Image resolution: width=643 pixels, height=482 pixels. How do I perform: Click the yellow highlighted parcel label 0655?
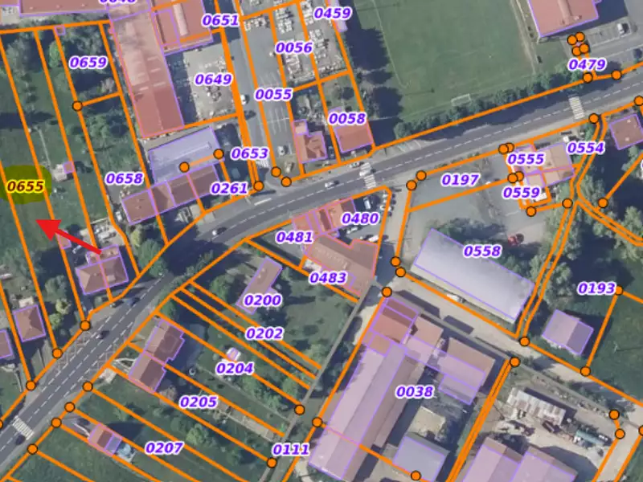click(x=25, y=186)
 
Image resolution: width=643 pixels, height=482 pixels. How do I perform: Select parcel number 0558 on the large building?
click(x=481, y=251)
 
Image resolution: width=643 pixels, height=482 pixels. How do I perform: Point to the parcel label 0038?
click(x=415, y=392)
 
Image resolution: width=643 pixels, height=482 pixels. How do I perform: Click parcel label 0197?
click(x=461, y=180)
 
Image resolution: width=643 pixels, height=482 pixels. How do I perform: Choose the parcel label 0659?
click(x=88, y=63)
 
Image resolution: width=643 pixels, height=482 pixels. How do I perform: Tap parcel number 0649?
click(x=213, y=80)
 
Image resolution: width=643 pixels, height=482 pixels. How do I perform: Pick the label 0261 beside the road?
click(x=229, y=188)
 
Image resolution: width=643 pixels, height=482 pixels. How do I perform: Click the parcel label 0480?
click(x=360, y=219)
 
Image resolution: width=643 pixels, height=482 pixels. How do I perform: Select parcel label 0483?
click(x=328, y=278)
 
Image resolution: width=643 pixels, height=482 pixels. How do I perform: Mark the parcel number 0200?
click(x=263, y=300)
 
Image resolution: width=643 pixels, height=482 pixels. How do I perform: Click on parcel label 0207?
click(x=164, y=447)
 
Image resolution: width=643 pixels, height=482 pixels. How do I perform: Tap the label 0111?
click(x=291, y=449)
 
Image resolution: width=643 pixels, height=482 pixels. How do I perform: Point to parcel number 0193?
click(x=596, y=288)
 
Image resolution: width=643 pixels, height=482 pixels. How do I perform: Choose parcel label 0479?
click(x=587, y=64)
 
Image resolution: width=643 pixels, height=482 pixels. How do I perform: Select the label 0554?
click(x=586, y=148)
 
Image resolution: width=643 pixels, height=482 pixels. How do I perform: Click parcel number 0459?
click(x=332, y=13)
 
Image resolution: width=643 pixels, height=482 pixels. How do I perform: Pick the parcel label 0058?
click(x=347, y=118)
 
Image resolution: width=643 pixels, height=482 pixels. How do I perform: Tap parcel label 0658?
click(x=125, y=178)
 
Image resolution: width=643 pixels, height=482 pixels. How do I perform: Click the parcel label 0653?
click(x=250, y=153)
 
